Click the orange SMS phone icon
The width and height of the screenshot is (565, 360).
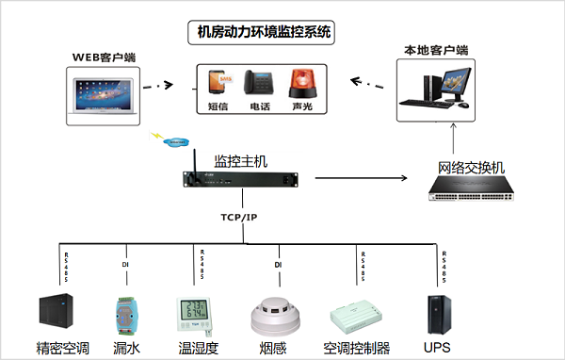click(x=218, y=83)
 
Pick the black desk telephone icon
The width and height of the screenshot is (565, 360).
click(x=259, y=83)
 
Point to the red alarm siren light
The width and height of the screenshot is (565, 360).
click(x=300, y=83)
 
